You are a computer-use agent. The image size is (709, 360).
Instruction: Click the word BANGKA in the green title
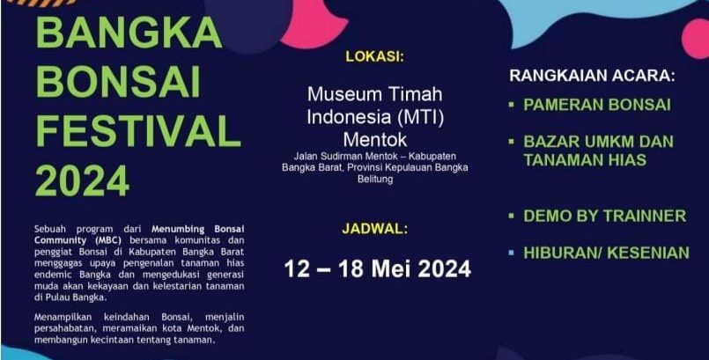pyautogui.click(x=129, y=33)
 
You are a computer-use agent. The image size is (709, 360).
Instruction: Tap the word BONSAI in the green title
pyautogui.click(x=117, y=83)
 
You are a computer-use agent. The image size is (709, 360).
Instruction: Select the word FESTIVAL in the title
pyautogui.click(x=138, y=132)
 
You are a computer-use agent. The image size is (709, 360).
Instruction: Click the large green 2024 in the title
pyautogui.click(x=82, y=181)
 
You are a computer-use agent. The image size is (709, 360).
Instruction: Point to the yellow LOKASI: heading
pyautogui.click(x=374, y=56)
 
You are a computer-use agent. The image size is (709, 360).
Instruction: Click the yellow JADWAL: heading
pyautogui.click(x=375, y=229)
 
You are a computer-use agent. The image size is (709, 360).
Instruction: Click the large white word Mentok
pyautogui.click(x=375, y=140)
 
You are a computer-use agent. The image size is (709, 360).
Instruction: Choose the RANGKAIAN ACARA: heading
pyautogui.click(x=593, y=76)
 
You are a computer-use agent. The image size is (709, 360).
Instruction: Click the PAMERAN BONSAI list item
pyautogui.click(x=597, y=105)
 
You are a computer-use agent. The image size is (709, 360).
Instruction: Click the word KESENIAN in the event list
pyautogui.click(x=648, y=253)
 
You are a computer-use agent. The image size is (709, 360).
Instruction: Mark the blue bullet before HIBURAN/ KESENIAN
pyautogui.click(x=512, y=253)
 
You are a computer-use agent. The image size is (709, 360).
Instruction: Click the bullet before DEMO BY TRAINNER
pyautogui.click(x=512, y=216)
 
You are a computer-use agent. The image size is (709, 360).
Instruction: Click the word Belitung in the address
pyautogui.click(x=375, y=180)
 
